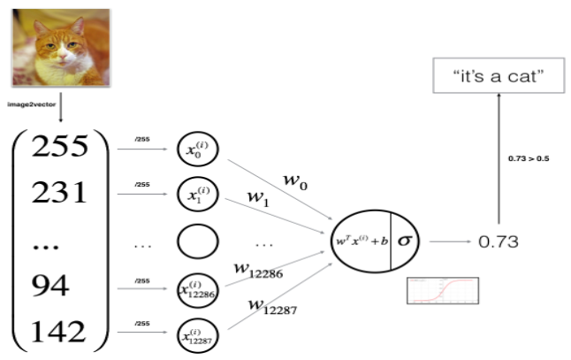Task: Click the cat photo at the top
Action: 60,43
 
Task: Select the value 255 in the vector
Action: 60,147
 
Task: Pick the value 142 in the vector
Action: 60,333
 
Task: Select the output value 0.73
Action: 498,241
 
